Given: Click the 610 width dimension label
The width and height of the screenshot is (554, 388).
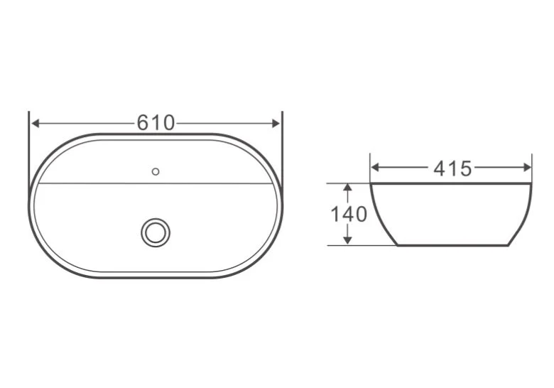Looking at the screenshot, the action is (156, 123).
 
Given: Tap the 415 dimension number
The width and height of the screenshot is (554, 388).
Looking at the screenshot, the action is (452, 168).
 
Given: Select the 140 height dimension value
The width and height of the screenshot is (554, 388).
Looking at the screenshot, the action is (349, 214).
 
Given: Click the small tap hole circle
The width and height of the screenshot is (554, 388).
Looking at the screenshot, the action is (156, 172).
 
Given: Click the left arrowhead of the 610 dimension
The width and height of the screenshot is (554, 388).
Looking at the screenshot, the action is (36, 123).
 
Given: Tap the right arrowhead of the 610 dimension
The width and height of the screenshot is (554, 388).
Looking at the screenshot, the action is (276, 123).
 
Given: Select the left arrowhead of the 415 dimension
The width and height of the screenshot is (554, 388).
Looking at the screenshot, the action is (376, 168).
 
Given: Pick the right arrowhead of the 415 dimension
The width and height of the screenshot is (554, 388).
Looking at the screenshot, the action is (527, 168).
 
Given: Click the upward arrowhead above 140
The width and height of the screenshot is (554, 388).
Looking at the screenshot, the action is (348, 188).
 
